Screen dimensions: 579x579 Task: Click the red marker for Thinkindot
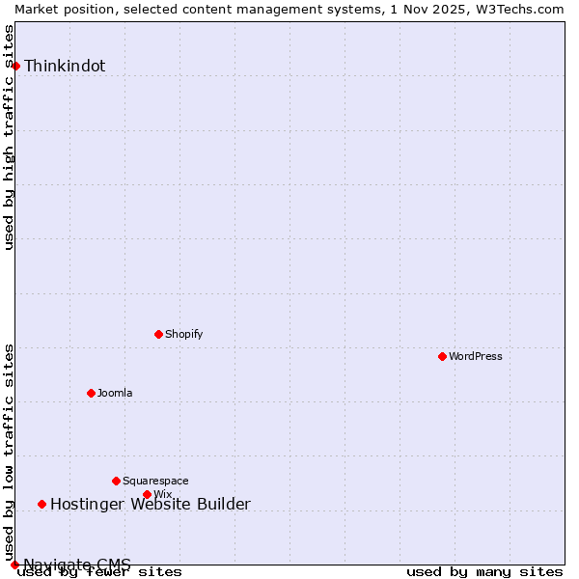pyautogui.click(x=16, y=66)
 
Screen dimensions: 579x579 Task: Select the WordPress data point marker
pyautogui.click(x=442, y=356)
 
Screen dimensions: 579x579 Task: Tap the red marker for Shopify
pyautogui.click(x=158, y=334)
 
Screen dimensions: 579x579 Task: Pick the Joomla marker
pyautogui.click(x=91, y=393)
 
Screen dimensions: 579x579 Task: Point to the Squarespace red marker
pyautogui.click(x=116, y=481)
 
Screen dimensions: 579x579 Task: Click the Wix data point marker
pyautogui.click(x=147, y=494)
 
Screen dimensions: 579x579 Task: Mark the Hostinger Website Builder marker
pyautogui.click(x=41, y=504)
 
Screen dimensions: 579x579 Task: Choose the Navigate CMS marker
pyautogui.click(x=14, y=565)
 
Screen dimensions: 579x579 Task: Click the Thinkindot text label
pyautogui.click(x=65, y=66)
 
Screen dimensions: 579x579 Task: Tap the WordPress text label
pyautogui.click(x=476, y=356)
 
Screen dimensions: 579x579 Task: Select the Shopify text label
pyautogui.click(x=184, y=334)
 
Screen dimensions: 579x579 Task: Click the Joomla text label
pyautogui.click(x=115, y=393)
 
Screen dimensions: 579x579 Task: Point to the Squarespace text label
pyautogui.click(x=155, y=481)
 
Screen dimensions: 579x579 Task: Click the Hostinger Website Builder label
pyautogui.click(x=150, y=504)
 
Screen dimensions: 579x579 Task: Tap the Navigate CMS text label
pyautogui.click(x=77, y=565)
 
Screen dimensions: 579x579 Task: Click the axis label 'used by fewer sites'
pyautogui.click(x=99, y=572)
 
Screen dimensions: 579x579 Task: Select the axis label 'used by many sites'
pyautogui.click(x=484, y=572)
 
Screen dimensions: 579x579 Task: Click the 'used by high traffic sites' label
pyautogui.click(x=10, y=137)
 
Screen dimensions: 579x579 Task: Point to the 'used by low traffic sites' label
pyautogui.click(x=10, y=452)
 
